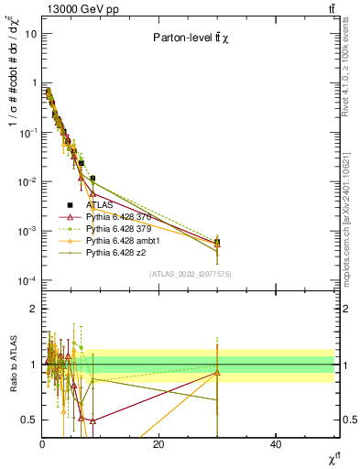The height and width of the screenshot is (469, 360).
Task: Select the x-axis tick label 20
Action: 158,444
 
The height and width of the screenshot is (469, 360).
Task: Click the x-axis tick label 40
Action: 276,444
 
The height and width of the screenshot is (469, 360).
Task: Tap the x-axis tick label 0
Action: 42,444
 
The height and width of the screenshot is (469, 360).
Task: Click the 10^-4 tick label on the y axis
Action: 26,279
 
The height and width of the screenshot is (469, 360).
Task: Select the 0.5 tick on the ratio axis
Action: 28,420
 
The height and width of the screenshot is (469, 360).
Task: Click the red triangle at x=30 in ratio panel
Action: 217,372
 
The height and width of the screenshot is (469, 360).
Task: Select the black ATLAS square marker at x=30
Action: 217,243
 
